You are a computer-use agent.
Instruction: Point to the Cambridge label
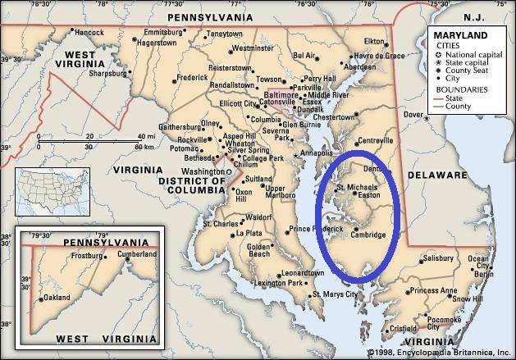pos(367,235)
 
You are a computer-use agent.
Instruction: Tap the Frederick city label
pos(192,77)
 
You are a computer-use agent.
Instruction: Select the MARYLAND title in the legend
pos(461,35)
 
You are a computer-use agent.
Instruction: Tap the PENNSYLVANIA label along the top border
pos(208,16)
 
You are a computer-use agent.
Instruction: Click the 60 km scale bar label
pos(139,146)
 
